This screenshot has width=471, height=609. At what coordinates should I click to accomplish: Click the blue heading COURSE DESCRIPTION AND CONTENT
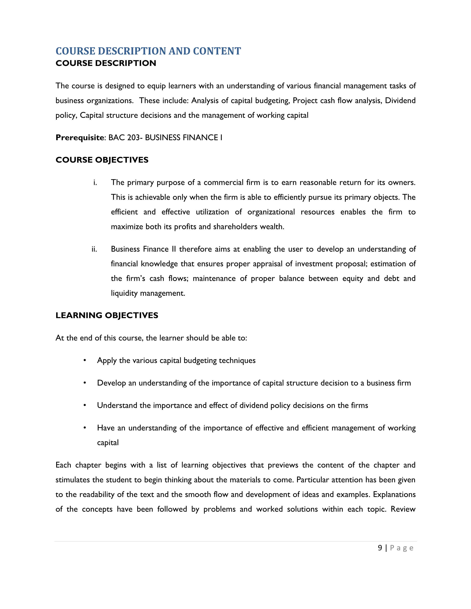(148, 51)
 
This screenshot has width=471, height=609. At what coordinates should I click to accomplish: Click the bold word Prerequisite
(80, 137)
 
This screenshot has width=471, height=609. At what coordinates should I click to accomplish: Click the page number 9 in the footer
(380, 548)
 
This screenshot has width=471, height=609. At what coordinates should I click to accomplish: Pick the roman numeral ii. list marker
(94, 249)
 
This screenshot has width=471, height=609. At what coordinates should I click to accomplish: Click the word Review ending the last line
(403, 509)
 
